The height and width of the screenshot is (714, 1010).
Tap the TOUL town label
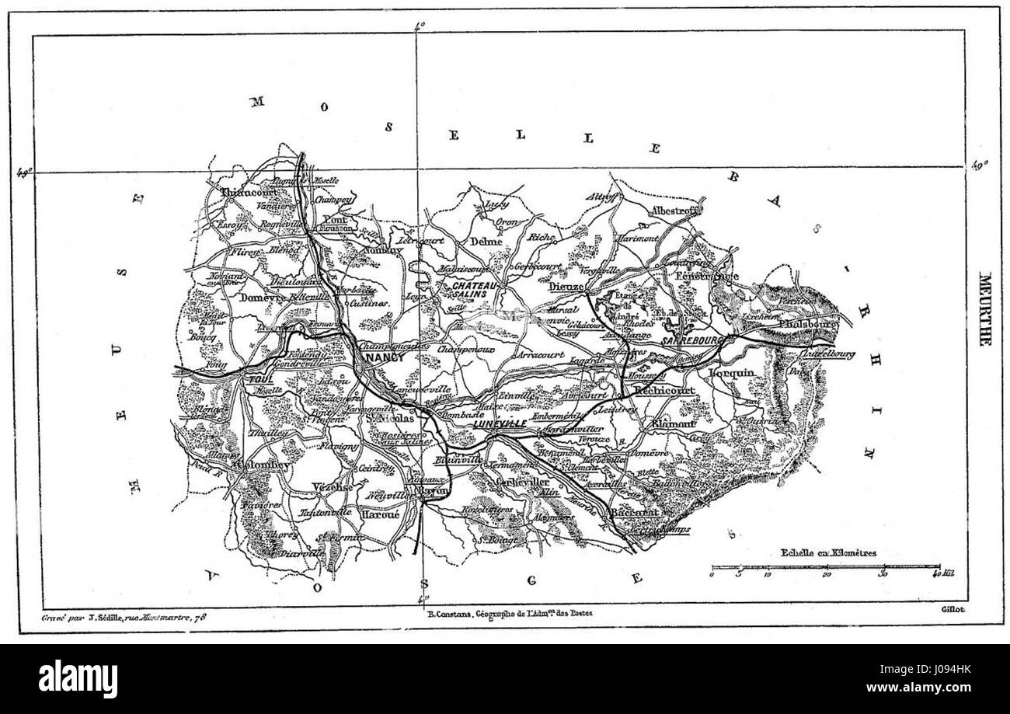[257, 378]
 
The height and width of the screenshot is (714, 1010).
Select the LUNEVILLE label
[498, 423]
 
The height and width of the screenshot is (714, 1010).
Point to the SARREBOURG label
[694, 340]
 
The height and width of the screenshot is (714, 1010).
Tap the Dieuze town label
[564, 285]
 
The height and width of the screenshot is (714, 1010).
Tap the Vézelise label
[332, 486]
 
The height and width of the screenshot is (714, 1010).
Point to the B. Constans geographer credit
[509, 613]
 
